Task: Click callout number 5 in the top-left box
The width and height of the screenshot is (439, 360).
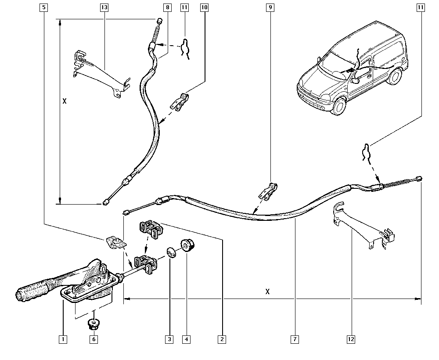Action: tap(43, 7)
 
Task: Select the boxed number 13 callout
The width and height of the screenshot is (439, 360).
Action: tap(104, 7)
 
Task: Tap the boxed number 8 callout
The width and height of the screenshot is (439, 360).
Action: tap(167, 7)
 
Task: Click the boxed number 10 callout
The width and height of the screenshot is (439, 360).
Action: tap(204, 7)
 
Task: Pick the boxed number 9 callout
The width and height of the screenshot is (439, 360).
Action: tap(270, 7)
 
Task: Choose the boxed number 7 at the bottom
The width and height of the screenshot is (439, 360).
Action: tap(295, 339)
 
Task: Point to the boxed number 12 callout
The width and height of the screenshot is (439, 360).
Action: tap(351, 339)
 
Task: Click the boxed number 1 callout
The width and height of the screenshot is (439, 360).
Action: tap(63, 339)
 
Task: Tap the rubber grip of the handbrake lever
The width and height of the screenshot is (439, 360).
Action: tap(33, 293)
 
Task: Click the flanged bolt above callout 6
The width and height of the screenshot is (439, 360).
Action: tap(93, 324)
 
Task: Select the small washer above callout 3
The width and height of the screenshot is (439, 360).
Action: tap(170, 253)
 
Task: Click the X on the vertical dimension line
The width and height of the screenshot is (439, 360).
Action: tap(65, 101)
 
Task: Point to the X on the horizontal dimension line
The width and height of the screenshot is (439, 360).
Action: tap(268, 292)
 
